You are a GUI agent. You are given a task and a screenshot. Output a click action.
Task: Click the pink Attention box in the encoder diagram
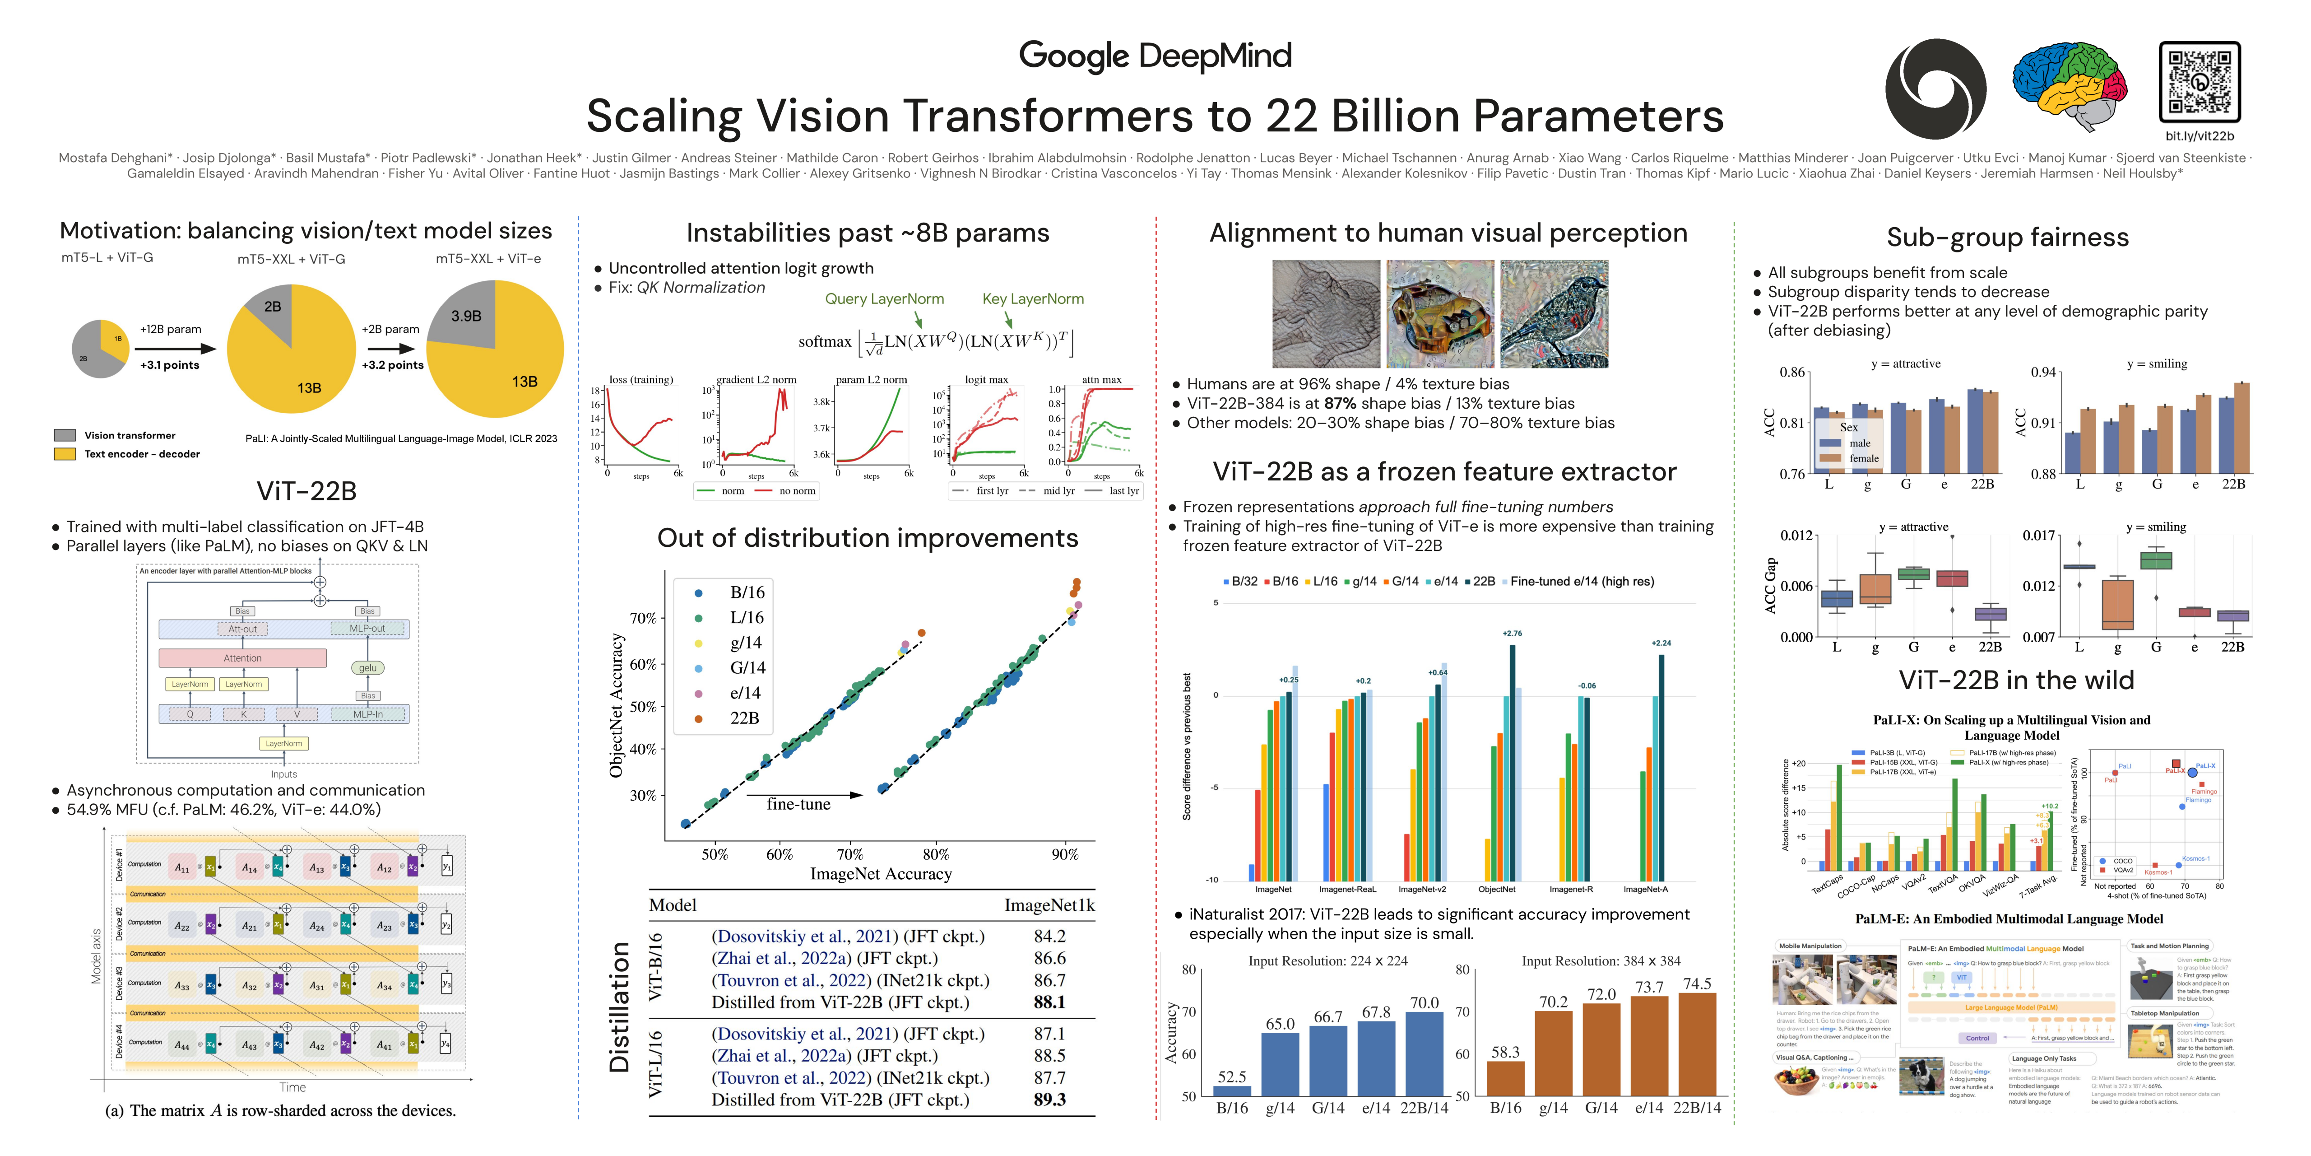pos(242,658)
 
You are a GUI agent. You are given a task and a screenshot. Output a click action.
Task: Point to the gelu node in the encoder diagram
pos(368,668)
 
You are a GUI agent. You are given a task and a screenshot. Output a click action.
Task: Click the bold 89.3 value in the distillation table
pos(1049,1100)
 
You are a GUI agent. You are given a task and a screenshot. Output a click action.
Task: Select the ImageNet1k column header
pos(1049,904)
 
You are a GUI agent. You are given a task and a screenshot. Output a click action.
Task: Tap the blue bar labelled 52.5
pos(1232,1091)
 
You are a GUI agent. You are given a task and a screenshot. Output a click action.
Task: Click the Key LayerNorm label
pos(1033,299)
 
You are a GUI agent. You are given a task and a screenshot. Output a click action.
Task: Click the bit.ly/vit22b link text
pos(2199,136)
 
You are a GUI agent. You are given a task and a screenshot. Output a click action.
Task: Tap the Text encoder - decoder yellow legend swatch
pos(65,454)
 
